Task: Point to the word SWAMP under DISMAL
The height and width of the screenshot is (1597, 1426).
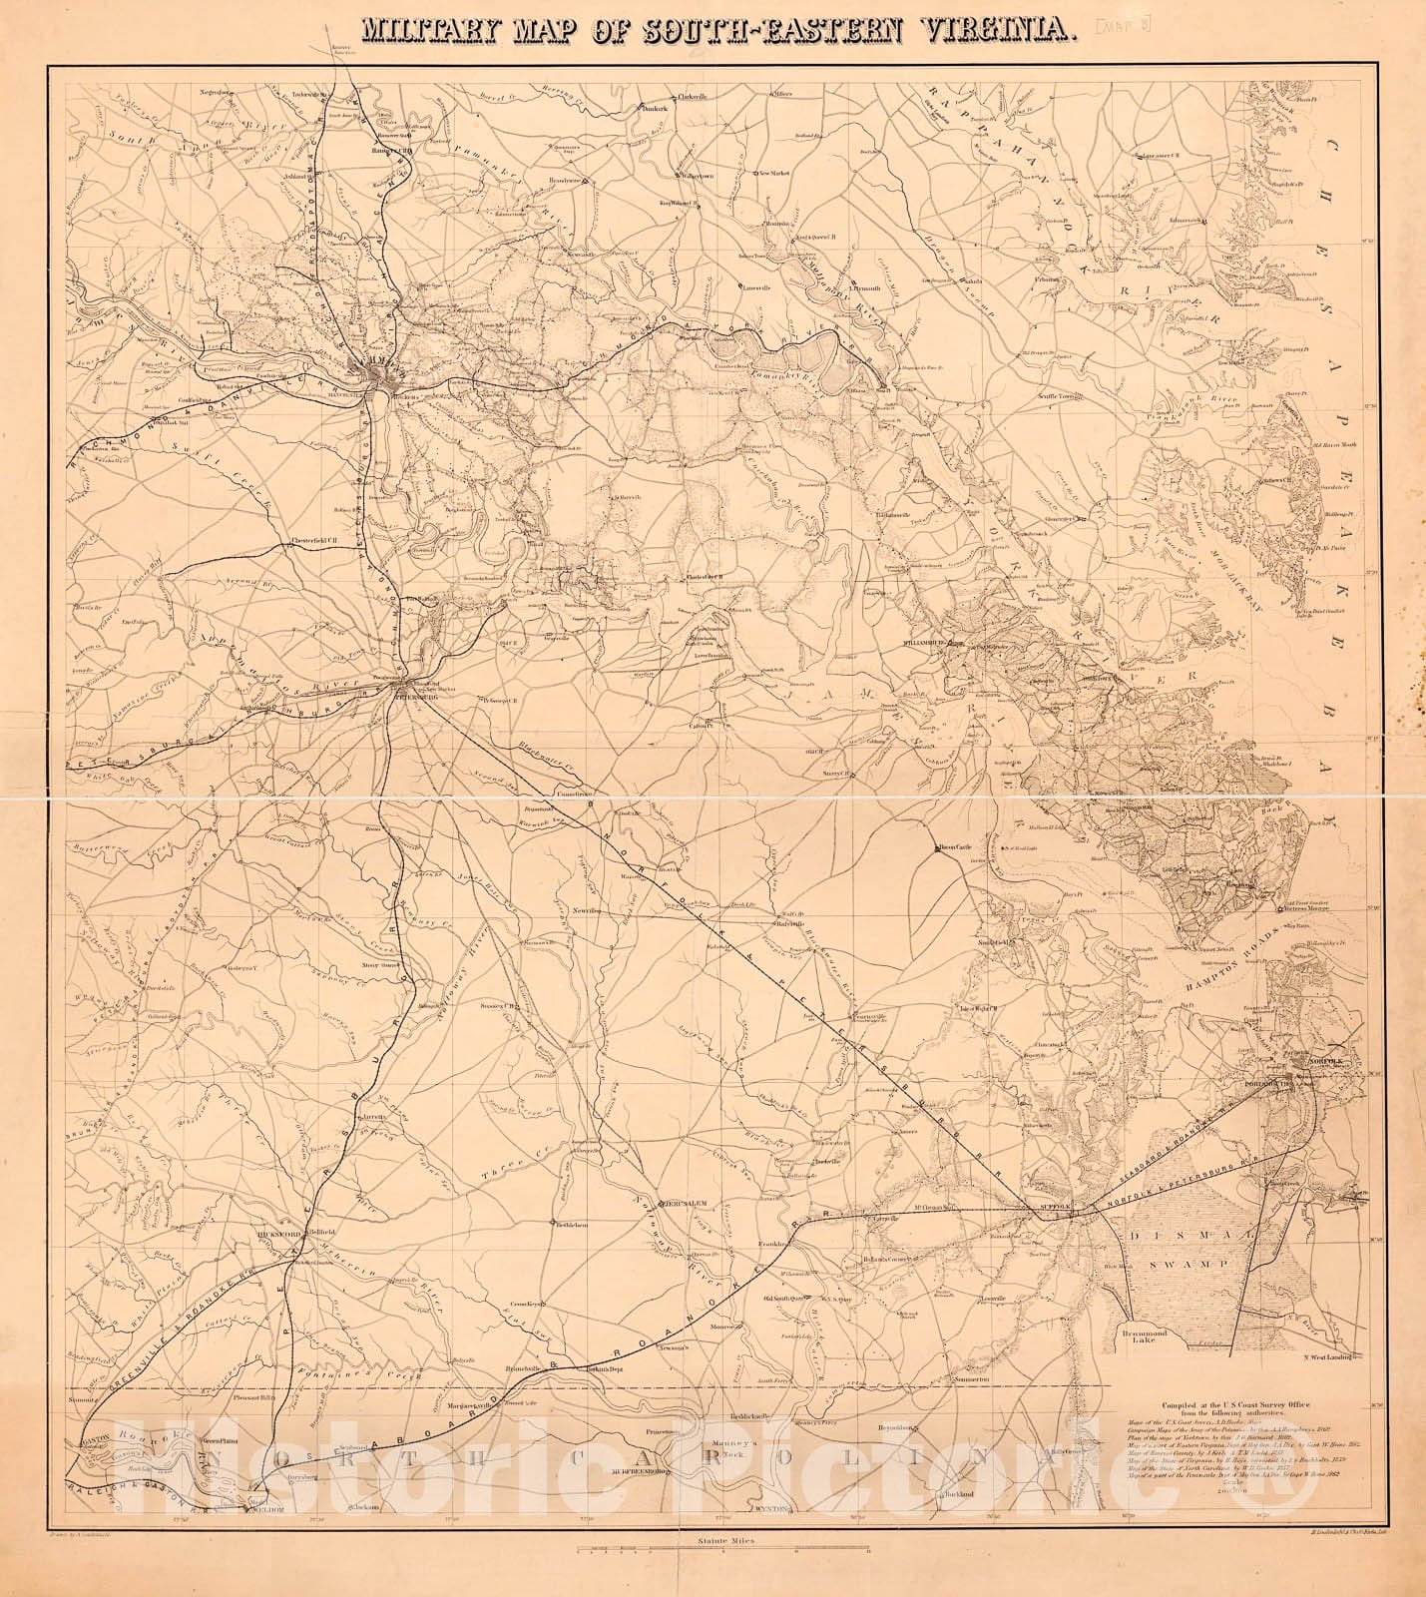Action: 1202,1263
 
